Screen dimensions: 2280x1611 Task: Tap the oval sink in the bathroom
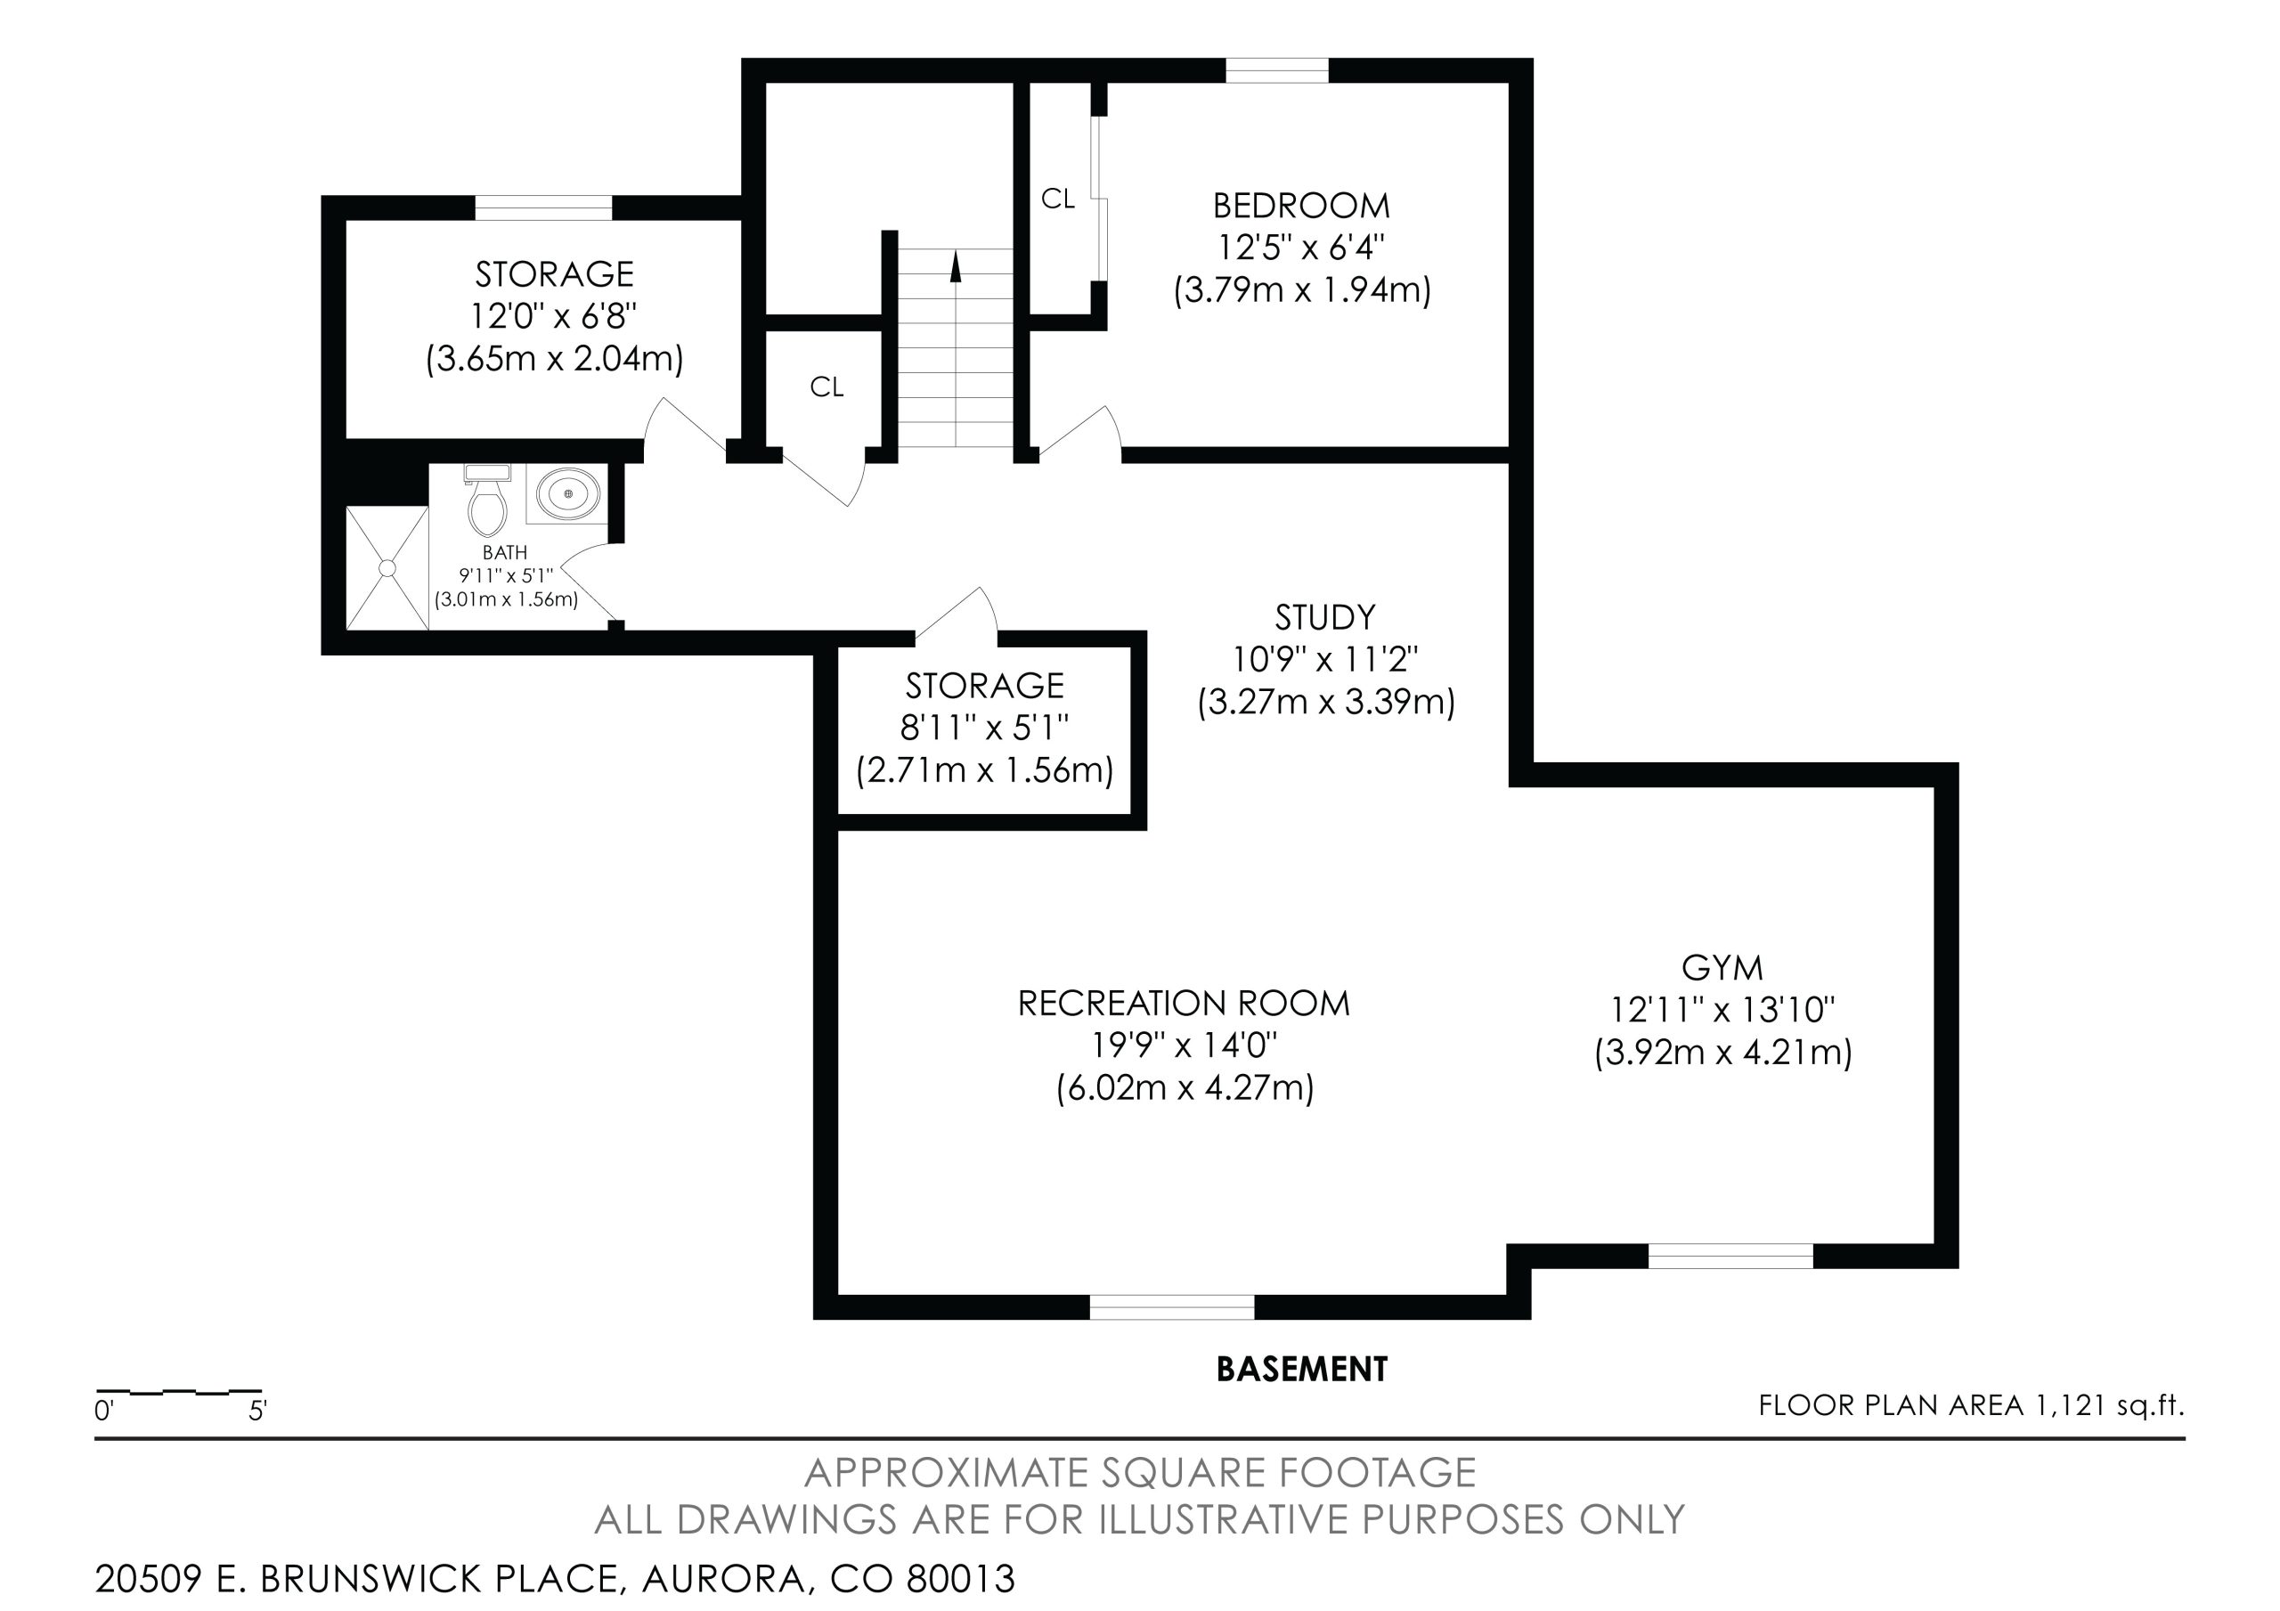(569, 493)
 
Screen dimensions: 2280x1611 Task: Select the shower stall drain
(387, 568)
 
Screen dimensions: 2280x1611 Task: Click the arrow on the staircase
(956, 266)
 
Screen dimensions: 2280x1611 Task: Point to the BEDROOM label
(1301, 206)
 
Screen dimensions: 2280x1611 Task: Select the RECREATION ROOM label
(1184, 1003)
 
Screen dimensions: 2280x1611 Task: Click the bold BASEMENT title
(1302, 1369)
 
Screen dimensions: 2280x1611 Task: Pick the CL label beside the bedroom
(1057, 199)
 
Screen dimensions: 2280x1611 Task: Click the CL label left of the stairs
(827, 387)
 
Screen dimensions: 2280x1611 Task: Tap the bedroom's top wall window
(1277, 70)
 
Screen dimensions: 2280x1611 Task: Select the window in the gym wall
(1730, 1257)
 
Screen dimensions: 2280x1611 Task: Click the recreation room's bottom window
(1172, 1307)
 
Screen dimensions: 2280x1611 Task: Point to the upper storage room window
(543, 207)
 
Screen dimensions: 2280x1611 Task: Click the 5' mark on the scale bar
(258, 1411)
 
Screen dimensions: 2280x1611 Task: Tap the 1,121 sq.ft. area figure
(2110, 1405)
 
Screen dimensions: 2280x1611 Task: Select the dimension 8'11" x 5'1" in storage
(984, 728)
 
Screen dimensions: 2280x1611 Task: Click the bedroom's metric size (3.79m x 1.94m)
(1302, 290)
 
